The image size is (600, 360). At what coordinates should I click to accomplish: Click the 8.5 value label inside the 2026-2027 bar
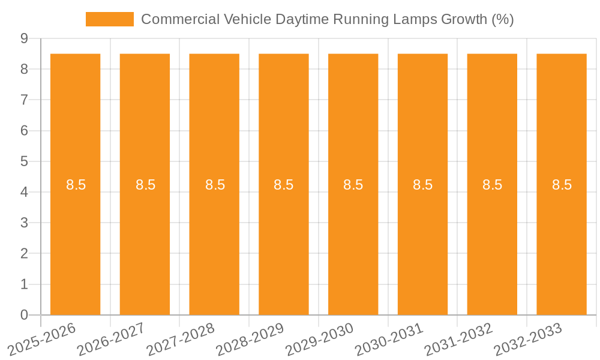click(145, 185)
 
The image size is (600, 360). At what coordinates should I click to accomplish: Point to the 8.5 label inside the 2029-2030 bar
click(353, 185)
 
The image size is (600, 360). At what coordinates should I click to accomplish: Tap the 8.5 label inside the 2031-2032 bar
click(492, 185)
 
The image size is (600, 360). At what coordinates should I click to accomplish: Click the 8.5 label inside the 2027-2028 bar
click(215, 185)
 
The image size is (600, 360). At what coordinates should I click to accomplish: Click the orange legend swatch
click(110, 19)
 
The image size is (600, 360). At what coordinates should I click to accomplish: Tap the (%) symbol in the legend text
click(502, 19)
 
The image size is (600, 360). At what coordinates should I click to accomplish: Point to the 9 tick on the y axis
click(24, 38)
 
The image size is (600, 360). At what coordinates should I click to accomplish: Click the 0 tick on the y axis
click(24, 315)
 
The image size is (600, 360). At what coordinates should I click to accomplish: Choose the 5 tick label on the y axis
click(24, 161)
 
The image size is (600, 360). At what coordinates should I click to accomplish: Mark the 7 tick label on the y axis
click(24, 100)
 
